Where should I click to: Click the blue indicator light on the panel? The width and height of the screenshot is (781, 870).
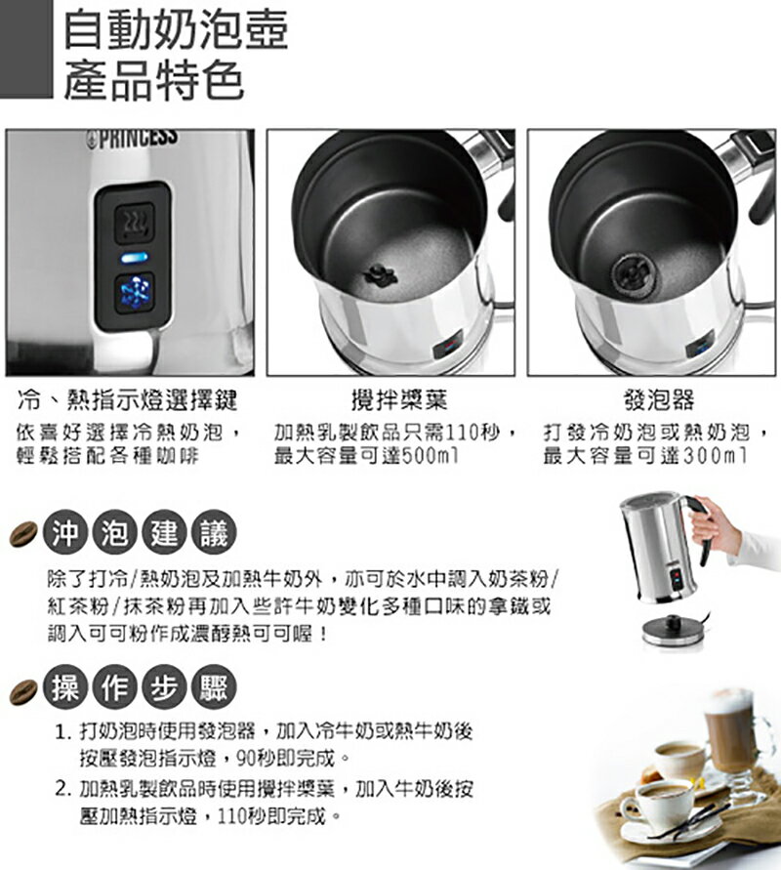pos(134,258)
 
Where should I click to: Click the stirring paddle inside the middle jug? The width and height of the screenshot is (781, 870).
pos(381,276)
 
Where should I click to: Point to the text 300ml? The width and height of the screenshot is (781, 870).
pos(715,456)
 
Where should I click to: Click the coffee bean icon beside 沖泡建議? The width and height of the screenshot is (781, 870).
pos(23,533)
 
